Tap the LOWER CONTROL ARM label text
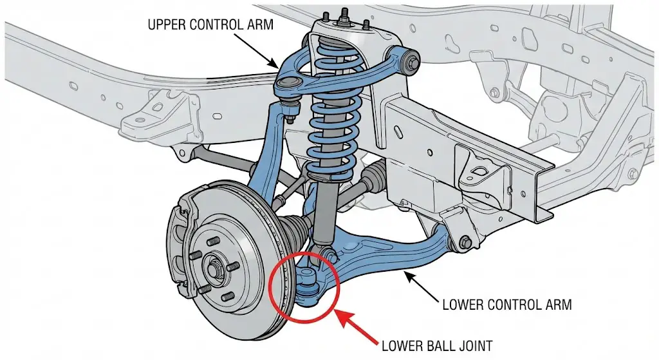click(x=506, y=304)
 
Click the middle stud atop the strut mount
click(x=344, y=14)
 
